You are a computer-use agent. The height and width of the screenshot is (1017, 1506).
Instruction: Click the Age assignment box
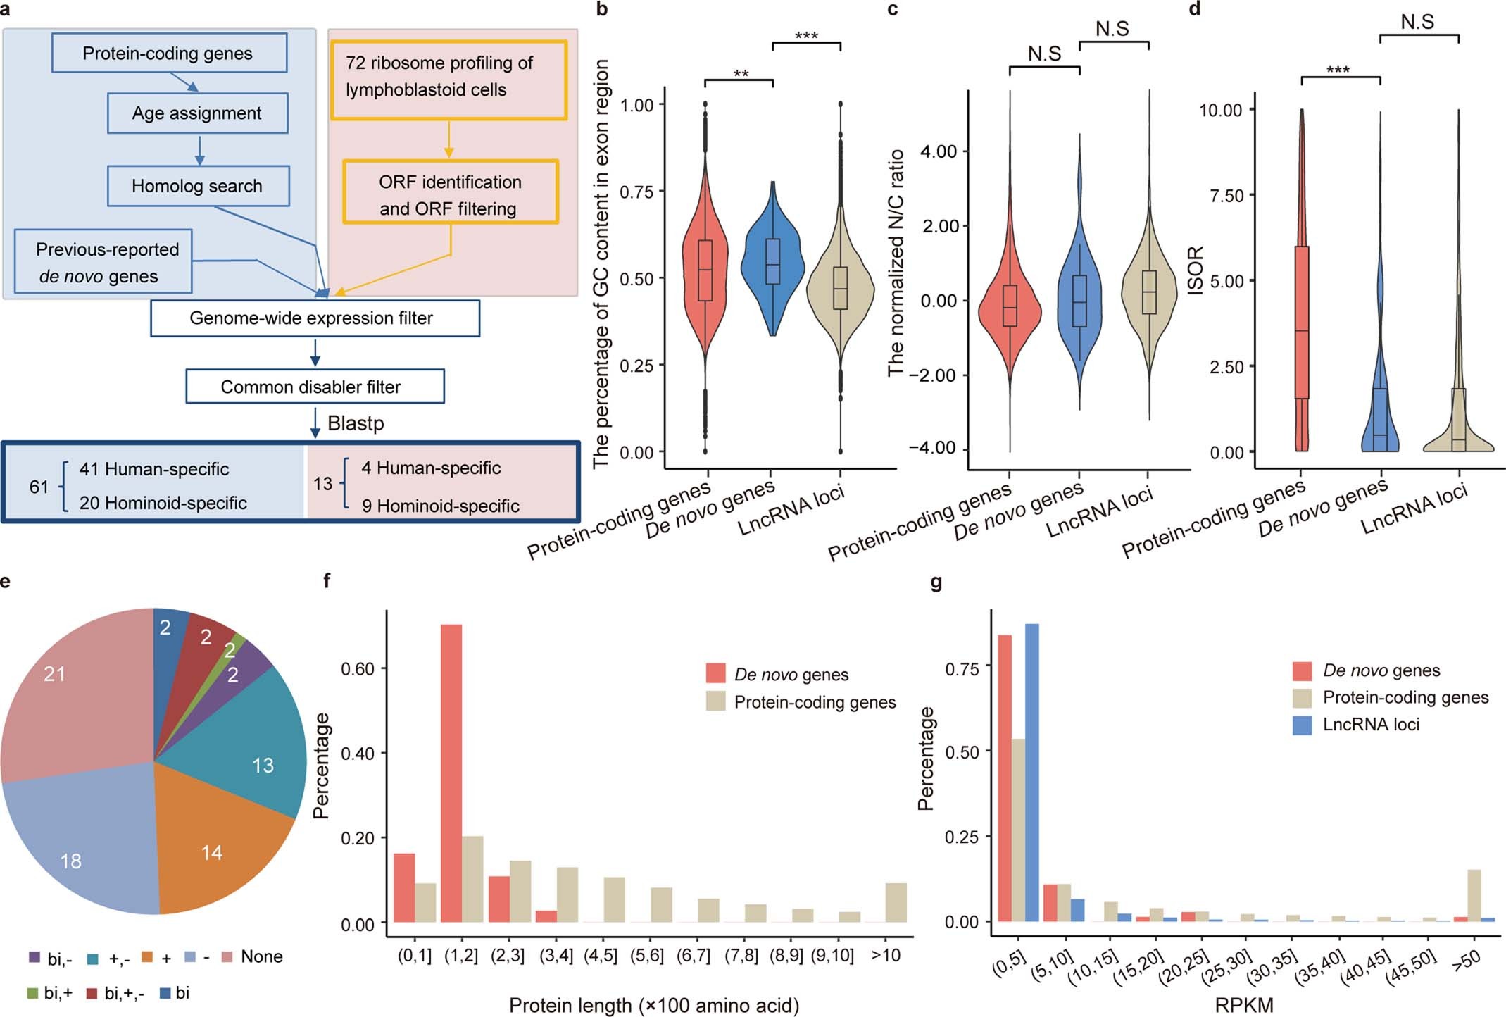point(197,113)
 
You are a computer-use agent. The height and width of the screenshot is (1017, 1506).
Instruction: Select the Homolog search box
point(197,186)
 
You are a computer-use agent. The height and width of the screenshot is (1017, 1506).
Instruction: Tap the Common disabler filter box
point(314,387)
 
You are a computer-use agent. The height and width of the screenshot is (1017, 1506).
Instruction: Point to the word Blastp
point(356,423)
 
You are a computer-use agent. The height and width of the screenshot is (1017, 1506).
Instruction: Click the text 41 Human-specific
point(153,469)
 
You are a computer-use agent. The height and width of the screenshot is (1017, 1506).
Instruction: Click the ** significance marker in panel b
point(741,73)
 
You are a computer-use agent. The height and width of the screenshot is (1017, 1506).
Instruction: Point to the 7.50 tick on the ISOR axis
point(1226,196)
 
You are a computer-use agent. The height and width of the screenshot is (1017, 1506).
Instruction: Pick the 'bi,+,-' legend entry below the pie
point(116,993)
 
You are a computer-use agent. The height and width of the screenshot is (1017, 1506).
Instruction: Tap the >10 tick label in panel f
point(885,955)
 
